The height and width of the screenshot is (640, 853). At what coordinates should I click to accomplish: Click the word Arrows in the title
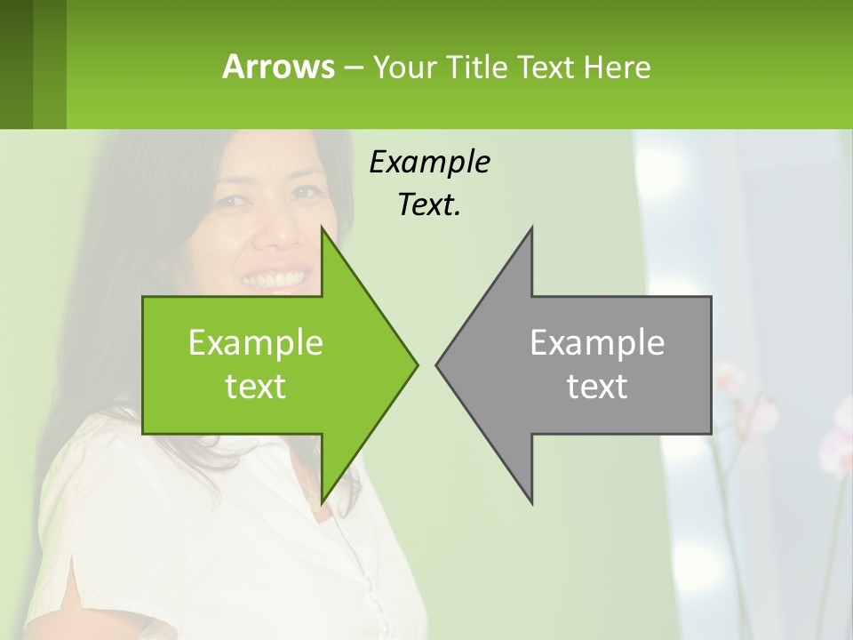click(277, 67)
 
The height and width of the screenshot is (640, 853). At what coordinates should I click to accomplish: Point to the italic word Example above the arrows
click(429, 162)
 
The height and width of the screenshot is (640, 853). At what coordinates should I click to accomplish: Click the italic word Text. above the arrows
click(429, 204)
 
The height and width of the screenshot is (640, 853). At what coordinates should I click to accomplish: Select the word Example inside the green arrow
click(256, 342)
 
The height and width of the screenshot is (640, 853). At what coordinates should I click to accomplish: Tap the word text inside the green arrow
click(256, 386)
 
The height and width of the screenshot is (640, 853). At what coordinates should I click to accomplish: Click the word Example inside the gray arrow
click(597, 342)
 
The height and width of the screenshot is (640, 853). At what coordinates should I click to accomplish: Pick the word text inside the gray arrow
click(597, 386)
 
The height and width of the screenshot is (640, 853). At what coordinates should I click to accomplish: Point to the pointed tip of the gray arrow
click(438, 364)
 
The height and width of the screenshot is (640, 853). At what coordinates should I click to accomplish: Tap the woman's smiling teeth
click(276, 279)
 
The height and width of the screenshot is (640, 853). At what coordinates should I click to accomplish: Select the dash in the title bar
click(353, 68)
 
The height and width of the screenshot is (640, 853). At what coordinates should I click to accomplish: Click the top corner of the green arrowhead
click(322, 229)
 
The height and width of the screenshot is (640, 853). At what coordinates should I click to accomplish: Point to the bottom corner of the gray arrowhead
click(531, 501)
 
